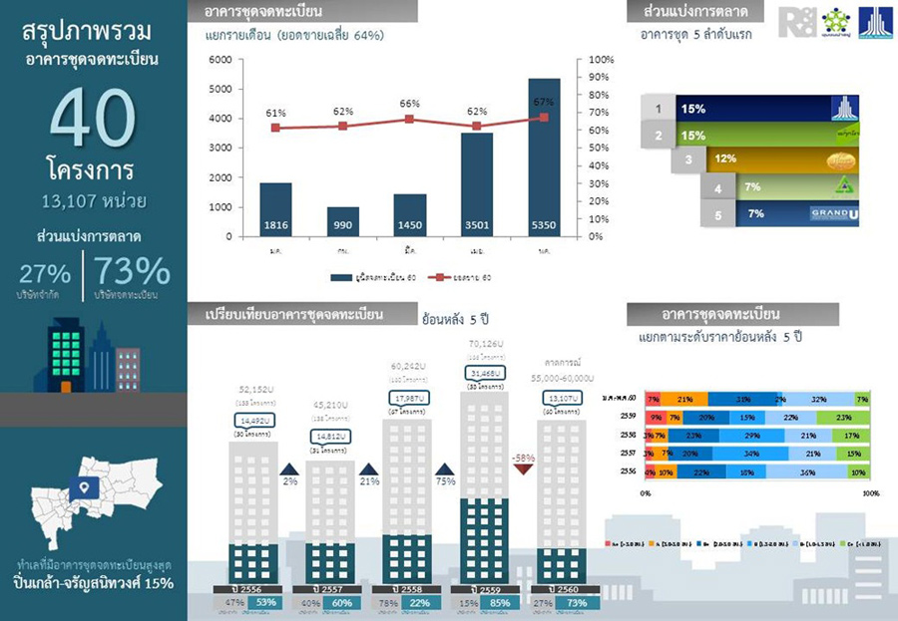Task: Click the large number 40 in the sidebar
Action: (92, 119)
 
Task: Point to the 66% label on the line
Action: (409, 104)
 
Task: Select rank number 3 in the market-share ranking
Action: (688, 158)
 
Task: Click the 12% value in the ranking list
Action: (725, 158)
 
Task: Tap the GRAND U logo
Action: (832, 213)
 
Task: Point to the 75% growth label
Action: (445, 480)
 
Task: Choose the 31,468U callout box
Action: (481, 373)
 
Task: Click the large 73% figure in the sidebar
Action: (135, 271)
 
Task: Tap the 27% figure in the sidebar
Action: (44, 273)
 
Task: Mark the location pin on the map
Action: (83, 489)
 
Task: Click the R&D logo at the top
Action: (795, 22)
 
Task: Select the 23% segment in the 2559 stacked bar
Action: (844, 417)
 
